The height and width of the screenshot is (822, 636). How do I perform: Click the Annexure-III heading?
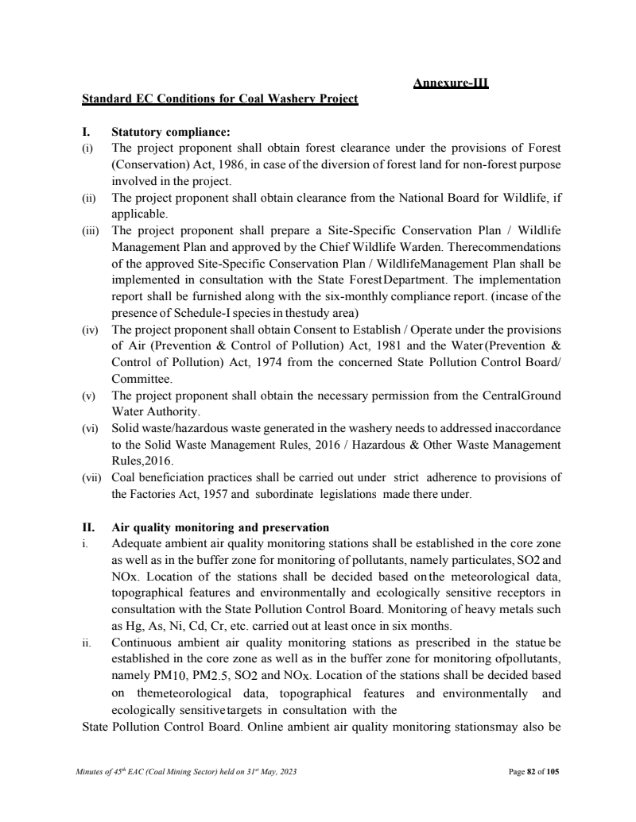[451, 82]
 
